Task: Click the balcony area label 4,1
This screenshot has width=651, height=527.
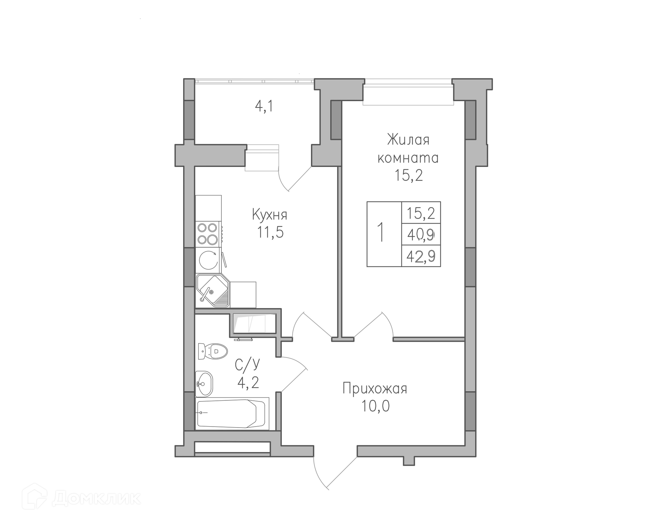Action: tap(264, 107)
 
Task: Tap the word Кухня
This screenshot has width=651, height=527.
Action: tap(270, 214)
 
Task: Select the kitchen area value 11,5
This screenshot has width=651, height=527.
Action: tap(270, 232)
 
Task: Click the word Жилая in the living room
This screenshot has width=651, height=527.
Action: tap(408, 139)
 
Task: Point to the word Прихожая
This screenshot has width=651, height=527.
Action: tap(375, 389)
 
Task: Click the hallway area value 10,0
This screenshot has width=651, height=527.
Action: tap(375, 406)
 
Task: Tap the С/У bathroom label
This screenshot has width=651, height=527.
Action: tap(248, 364)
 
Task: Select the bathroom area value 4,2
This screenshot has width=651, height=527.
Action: tap(248, 382)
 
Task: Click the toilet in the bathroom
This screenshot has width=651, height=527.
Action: tap(213, 351)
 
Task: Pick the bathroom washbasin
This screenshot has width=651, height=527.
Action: tap(204, 383)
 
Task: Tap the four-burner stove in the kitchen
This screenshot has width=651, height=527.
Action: tap(208, 233)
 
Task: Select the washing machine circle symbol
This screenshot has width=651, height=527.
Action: tap(208, 260)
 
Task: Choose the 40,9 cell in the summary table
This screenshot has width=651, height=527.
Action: tap(421, 234)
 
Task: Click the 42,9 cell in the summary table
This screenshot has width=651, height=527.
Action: tap(421, 256)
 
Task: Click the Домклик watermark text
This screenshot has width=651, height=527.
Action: tap(97, 498)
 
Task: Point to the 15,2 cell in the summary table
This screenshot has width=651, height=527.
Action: tap(421, 213)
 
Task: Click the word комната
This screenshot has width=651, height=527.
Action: tap(408, 158)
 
